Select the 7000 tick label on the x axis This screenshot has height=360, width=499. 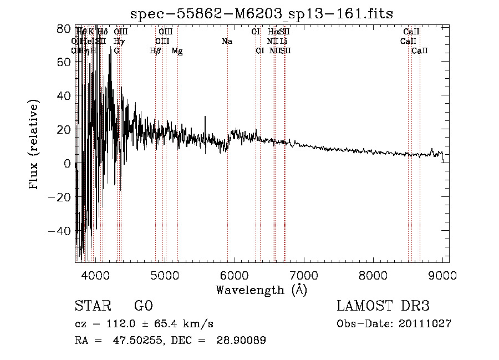coord(304,274)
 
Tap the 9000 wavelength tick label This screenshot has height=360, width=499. coord(442,274)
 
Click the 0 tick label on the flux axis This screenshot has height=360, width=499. coord(67,163)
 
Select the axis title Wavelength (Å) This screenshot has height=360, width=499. coord(261,290)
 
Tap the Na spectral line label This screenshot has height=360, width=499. coord(226,41)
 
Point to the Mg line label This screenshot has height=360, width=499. coord(177,51)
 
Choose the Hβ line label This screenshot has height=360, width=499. coord(155,51)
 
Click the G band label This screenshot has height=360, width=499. coord(116,51)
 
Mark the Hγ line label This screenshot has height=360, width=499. coord(119,41)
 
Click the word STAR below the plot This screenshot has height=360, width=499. coord(92,306)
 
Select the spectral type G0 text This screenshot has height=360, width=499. coord(143,306)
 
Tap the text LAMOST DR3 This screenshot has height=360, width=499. coord(383,306)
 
